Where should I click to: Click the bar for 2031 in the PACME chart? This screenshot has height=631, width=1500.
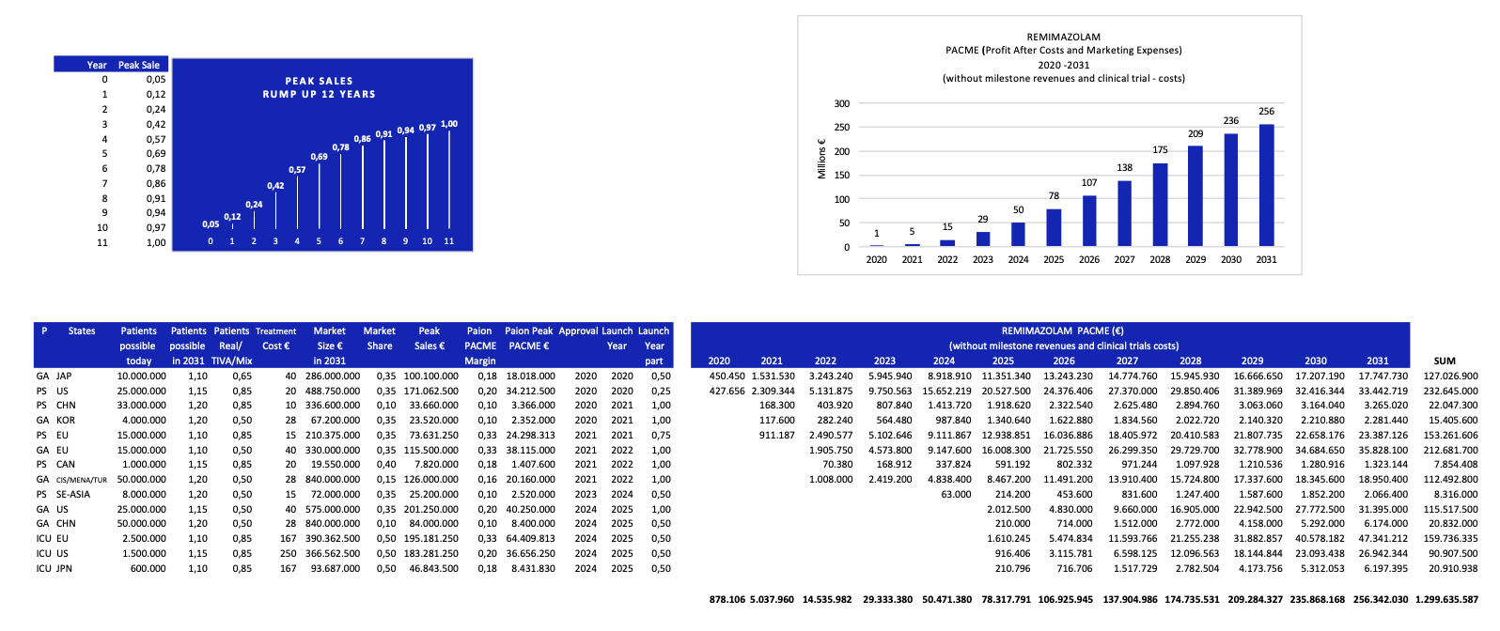[x=1266, y=185]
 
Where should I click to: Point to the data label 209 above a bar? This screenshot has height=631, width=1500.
[x=1195, y=134]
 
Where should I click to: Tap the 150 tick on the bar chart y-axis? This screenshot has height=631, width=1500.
[x=841, y=176]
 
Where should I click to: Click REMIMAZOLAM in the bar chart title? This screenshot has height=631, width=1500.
[x=1063, y=38]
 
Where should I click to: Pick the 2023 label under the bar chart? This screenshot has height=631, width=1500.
[x=983, y=260]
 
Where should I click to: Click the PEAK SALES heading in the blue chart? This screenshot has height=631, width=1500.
[x=319, y=81]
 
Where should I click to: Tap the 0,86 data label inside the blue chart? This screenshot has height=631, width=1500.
[x=362, y=139]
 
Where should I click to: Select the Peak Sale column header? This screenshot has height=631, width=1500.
[x=139, y=65]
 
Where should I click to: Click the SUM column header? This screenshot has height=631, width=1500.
[x=1445, y=361]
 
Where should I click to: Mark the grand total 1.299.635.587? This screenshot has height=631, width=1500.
[x=1445, y=599]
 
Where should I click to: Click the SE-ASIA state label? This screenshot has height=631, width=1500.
[x=73, y=494]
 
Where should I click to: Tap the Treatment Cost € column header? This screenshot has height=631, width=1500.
[x=275, y=338]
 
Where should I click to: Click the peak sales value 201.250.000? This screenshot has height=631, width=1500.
[x=430, y=509]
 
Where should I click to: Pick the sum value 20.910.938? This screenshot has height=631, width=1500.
[x=1453, y=568]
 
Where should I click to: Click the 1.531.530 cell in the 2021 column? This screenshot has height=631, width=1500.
[x=773, y=376]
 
